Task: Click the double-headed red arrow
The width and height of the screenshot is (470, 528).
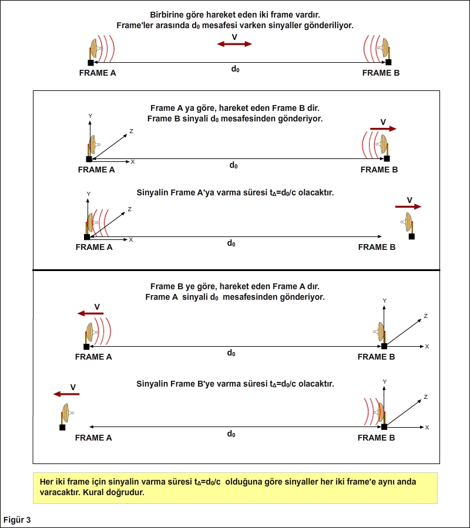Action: [234, 44]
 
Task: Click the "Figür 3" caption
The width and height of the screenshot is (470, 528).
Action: [17, 520]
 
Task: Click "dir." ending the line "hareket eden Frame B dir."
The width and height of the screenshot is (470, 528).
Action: [312, 109]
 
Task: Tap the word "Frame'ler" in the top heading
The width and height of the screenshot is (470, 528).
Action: [134, 25]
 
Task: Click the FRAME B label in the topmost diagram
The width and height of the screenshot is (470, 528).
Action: [381, 73]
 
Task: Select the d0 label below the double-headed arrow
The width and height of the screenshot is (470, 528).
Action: [235, 69]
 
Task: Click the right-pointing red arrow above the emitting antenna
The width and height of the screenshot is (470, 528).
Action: [383, 128]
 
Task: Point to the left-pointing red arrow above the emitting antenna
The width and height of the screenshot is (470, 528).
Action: [90, 313]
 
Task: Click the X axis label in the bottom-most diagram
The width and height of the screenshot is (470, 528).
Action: [427, 427]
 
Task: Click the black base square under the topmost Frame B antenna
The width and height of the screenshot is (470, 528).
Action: [388, 62]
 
